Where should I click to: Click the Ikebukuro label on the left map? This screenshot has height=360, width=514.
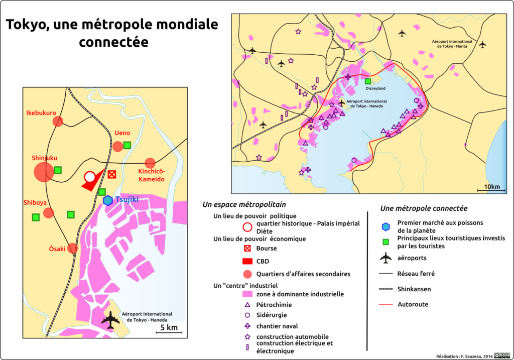tap(41, 112)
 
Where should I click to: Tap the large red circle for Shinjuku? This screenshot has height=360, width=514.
tap(44, 172)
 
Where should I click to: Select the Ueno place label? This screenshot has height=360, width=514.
tap(122, 133)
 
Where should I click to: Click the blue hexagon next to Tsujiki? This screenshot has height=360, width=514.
tap(108, 200)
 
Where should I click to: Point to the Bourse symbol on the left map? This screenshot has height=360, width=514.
tap(112, 174)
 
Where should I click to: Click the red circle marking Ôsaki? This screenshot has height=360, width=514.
tap(73, 248)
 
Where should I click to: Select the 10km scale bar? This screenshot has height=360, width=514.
tap(491, 191)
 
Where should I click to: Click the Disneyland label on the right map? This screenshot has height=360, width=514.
tap(375, 88)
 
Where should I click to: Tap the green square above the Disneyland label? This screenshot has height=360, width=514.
tap(368, 81)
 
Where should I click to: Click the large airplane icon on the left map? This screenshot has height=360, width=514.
tap(111, 320)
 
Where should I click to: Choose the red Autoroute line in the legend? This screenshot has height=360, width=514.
tap(385, 304)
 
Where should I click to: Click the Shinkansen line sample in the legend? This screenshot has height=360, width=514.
tap(385, 289)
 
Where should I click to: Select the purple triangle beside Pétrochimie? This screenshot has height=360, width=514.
tap(246, 305)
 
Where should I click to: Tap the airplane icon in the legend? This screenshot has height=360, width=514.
tap(385, 258)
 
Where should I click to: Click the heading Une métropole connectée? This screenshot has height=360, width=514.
tap(424, 208)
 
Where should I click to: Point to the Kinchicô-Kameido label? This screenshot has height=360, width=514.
tap(151, 175)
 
